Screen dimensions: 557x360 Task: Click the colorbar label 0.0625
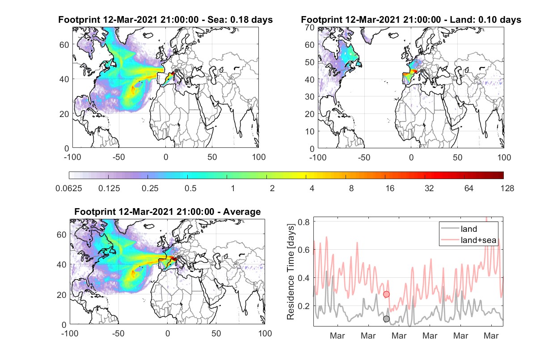[69, 188]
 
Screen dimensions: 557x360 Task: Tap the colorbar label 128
[507, 188]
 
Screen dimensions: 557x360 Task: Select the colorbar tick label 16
[390, 188]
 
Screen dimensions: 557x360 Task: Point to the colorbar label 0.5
[190, 188]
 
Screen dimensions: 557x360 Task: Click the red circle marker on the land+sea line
[386, 294]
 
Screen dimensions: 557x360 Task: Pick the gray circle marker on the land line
[386, 319]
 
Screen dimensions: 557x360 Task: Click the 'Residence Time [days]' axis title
[291, 272]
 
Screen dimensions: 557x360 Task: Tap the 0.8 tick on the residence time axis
[304, 222]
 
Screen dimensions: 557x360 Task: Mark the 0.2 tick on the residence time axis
[304, 306]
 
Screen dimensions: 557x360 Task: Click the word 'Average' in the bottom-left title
[242, 212]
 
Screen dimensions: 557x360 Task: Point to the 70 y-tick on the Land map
[310, 28]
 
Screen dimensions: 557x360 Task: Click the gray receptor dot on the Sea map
[176, 71]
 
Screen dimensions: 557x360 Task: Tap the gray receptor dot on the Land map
[422, 71]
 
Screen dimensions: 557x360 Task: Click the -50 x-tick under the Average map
[118, 333]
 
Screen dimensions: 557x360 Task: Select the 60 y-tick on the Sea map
[64, 45]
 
